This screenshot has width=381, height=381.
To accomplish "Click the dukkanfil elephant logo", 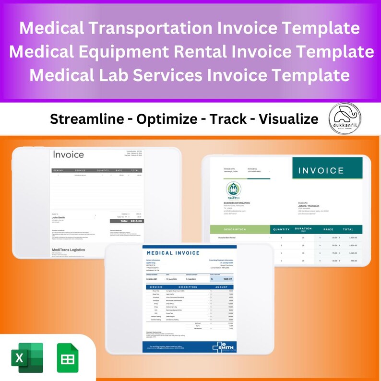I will [345, 119].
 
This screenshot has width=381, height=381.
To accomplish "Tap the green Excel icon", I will [27, 357].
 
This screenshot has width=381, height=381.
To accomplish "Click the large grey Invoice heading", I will [68, 155].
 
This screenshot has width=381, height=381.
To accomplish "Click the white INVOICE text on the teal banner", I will [321, 170].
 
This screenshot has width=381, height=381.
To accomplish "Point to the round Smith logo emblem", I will [234, 189].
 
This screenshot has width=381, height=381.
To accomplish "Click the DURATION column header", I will [303, 229].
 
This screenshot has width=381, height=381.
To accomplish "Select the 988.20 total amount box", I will [221, 279].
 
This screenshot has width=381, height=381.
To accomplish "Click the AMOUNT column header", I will [222, 287].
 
